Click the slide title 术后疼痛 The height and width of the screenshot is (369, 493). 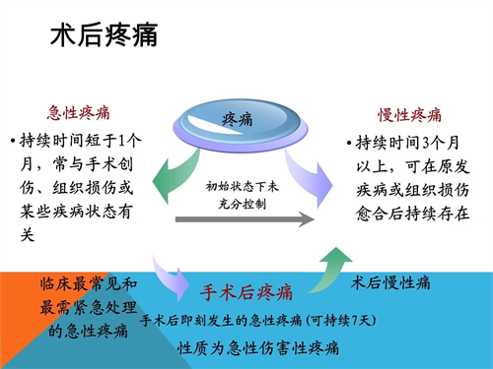[x=103, y=36]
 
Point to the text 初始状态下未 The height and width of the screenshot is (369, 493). [x=241, y=185]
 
